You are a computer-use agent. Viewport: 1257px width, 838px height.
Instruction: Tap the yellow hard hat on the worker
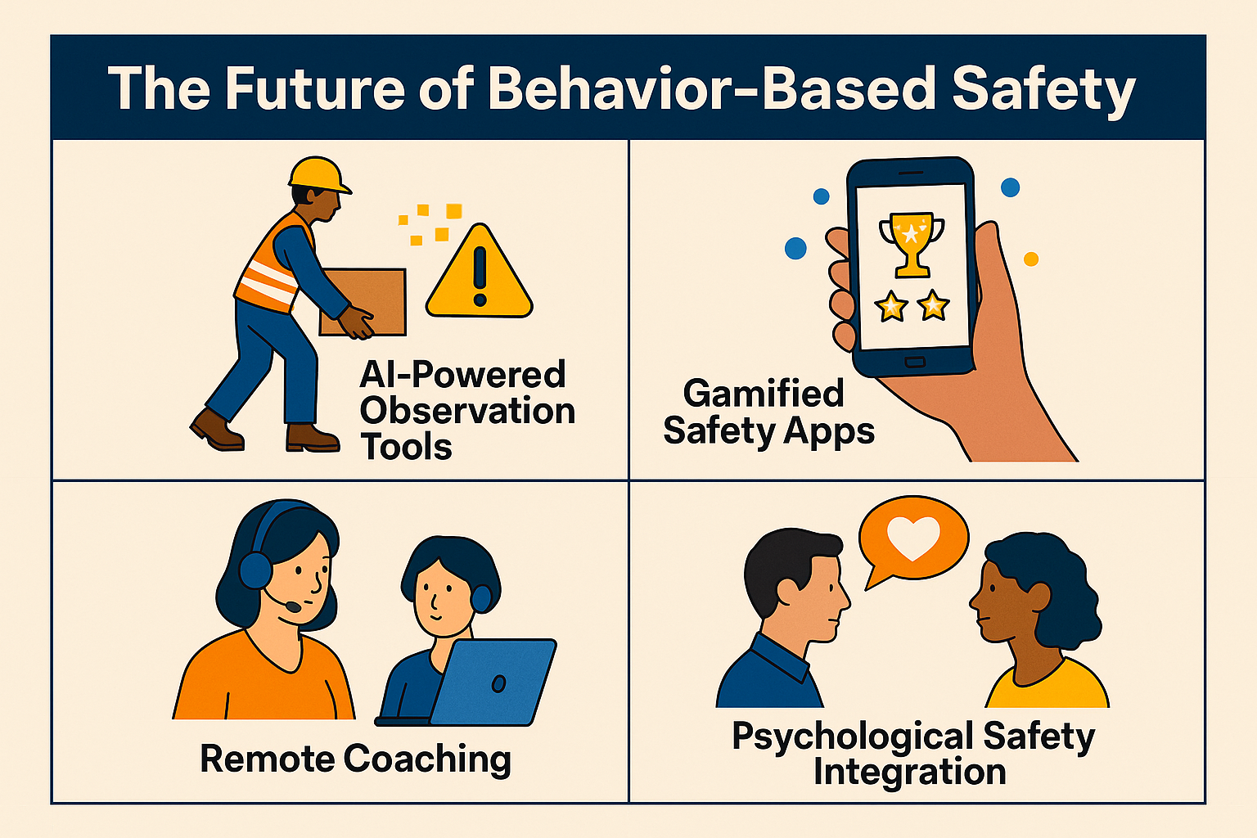tap(318, 174)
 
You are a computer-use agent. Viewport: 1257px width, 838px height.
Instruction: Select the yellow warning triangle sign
tap(479, 273)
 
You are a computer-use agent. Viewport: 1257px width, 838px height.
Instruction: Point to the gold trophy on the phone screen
tap(912, 244)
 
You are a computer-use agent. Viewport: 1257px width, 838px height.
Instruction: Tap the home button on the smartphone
tap(915, 362)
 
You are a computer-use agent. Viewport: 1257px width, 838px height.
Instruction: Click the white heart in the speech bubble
tap(913, 537)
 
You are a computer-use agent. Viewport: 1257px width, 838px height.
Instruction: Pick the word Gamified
tap(764, 394)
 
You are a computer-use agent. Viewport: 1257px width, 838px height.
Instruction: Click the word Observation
tap(467, 410)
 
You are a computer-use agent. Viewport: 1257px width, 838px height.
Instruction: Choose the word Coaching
tap(427, 759)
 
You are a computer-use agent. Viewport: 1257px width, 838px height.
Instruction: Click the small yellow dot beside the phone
tap(1031, 259)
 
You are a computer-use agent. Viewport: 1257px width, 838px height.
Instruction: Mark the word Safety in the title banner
tap(1043, 90)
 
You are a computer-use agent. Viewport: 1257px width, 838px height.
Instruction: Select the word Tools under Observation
tap(406, 447)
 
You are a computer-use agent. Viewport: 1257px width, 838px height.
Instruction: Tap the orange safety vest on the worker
tap(271, 267)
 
